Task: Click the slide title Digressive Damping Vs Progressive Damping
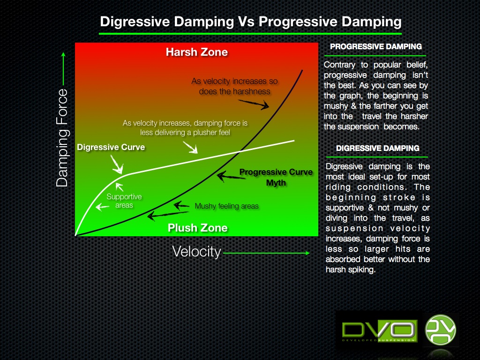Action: coord(250,22)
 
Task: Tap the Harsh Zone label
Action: coord(196,52)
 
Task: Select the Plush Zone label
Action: coord(197,228)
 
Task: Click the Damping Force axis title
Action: coord(62,138)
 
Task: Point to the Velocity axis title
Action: coord(196,252)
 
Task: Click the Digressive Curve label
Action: coord(111,147)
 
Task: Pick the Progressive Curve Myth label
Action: coord(276,177)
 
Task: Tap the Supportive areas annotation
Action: coord(124,201)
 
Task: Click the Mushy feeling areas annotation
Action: coord(226,206)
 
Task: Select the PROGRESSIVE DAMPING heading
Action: coord(375,46)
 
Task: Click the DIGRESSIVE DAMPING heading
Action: coord(377,148)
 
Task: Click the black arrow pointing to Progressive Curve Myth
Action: coord(227,176)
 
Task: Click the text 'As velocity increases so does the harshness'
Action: coord(234,86)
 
